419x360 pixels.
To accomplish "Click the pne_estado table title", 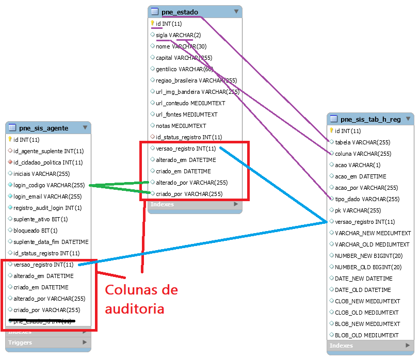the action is tap(180, 12).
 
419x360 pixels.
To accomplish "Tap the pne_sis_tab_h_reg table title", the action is tap(370, 120).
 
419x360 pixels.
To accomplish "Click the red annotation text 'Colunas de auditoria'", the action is tap(141, 299).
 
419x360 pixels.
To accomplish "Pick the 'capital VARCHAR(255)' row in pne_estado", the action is tap(184, 58).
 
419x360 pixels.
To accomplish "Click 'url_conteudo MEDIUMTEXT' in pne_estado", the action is tap(190, 103).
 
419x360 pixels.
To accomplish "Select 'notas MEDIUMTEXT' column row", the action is tap(181, 126).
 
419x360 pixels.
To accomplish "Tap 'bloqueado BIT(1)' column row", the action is tap(36, 231).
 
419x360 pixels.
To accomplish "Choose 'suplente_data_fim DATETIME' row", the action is tap(51, 242).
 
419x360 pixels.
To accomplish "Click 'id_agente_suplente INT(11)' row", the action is tap(49, 151).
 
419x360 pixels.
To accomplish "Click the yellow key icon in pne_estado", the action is tap(153, 23).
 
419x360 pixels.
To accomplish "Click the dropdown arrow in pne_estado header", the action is tap(236, 11).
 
